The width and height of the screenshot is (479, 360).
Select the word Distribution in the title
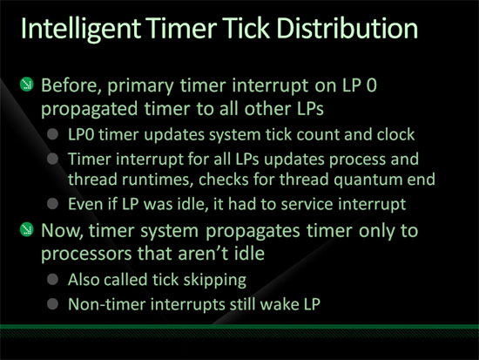click(x=347, y=28)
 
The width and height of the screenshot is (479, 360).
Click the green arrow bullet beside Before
click(x=27, y=85)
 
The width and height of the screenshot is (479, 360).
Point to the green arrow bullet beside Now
click(x=27, y=229)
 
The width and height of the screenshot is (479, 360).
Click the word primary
click(x=140, y=86)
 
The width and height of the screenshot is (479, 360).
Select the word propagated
click(x=89, y=110)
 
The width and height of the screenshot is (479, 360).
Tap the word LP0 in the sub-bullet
click(x=81, y=134)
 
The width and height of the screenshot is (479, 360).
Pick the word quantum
click(x=368, y=180)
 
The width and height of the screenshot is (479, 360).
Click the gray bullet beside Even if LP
click(x=53, y=204)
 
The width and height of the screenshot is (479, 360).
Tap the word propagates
click(x=253, y=232)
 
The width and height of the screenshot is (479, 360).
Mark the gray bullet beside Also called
click(x=53, y=279)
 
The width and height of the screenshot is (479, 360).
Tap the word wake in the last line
click(x=280, y=304)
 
